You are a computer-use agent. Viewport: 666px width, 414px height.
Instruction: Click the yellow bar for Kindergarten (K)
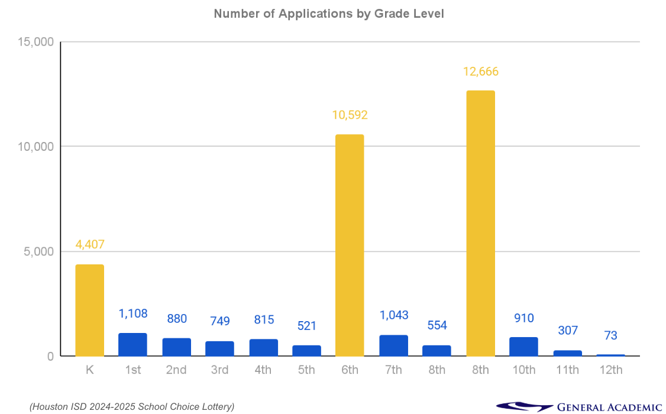pos(90,310)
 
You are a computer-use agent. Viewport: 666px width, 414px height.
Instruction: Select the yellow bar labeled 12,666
pos(480,223)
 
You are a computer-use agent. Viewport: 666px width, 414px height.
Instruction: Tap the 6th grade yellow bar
pos(350,245)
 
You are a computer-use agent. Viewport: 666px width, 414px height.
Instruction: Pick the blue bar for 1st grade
pos(132,345)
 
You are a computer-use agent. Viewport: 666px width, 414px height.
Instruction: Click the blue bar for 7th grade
pos(393,345)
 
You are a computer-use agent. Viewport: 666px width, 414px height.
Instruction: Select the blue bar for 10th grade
pos(523,347)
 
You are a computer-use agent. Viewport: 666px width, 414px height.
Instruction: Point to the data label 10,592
pos(350,115)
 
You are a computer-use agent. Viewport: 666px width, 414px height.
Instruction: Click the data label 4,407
pos(90,244)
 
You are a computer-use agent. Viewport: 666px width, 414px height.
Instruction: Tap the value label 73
pos(610,335)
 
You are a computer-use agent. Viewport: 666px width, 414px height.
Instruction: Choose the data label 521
pos(307,326)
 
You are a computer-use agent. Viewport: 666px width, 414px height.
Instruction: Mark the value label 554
pos(437,325)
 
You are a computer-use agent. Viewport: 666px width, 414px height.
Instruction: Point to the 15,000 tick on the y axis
pos(37,42)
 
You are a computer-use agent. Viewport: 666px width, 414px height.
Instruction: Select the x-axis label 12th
pos(610,370)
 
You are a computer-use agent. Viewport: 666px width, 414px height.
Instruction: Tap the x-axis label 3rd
pos(219,370)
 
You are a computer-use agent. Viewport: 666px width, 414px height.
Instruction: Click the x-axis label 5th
pos(306,370)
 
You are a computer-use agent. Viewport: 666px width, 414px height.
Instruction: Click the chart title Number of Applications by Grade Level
pos(329,13)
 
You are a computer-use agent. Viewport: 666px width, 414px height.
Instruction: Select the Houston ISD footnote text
pos(132,406)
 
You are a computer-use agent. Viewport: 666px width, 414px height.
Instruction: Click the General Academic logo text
pos(609,407)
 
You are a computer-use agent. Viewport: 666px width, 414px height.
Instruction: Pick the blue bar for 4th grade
pos(263,348)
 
